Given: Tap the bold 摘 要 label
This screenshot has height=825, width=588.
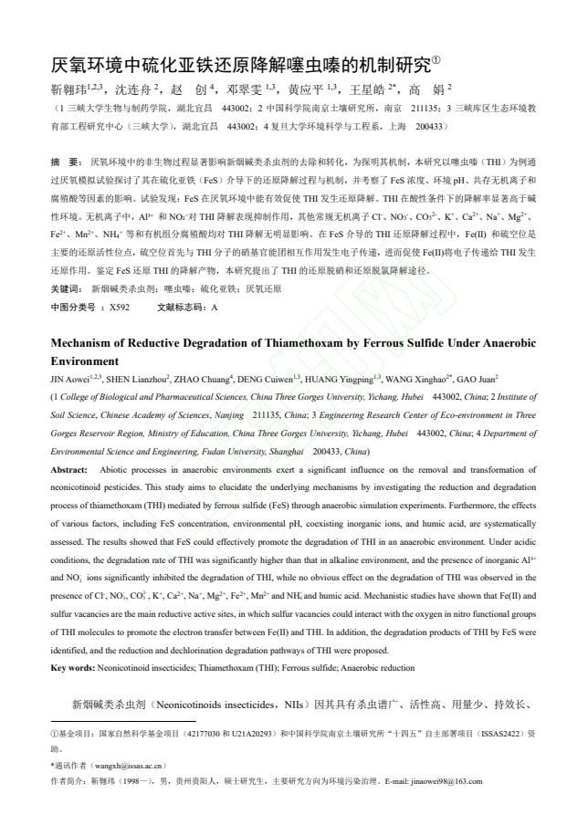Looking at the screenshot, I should pos(67,161).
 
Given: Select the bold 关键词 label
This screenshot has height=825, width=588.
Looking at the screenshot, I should pos(68,288).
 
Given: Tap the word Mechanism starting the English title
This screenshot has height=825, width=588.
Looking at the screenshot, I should pos(86,344).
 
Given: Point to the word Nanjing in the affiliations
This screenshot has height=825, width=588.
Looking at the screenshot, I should pos(219,414).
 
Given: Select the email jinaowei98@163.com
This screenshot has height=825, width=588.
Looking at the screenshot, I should pos(439,781).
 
